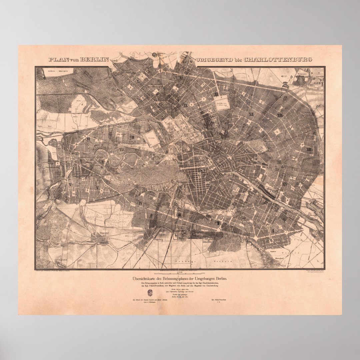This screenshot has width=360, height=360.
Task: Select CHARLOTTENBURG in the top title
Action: [278, 60]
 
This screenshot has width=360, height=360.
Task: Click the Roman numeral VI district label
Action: [89, 139]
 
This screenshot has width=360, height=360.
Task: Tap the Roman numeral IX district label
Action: [186, 105]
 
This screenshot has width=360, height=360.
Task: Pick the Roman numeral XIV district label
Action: [285, 184]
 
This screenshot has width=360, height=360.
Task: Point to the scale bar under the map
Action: [180, 273]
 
